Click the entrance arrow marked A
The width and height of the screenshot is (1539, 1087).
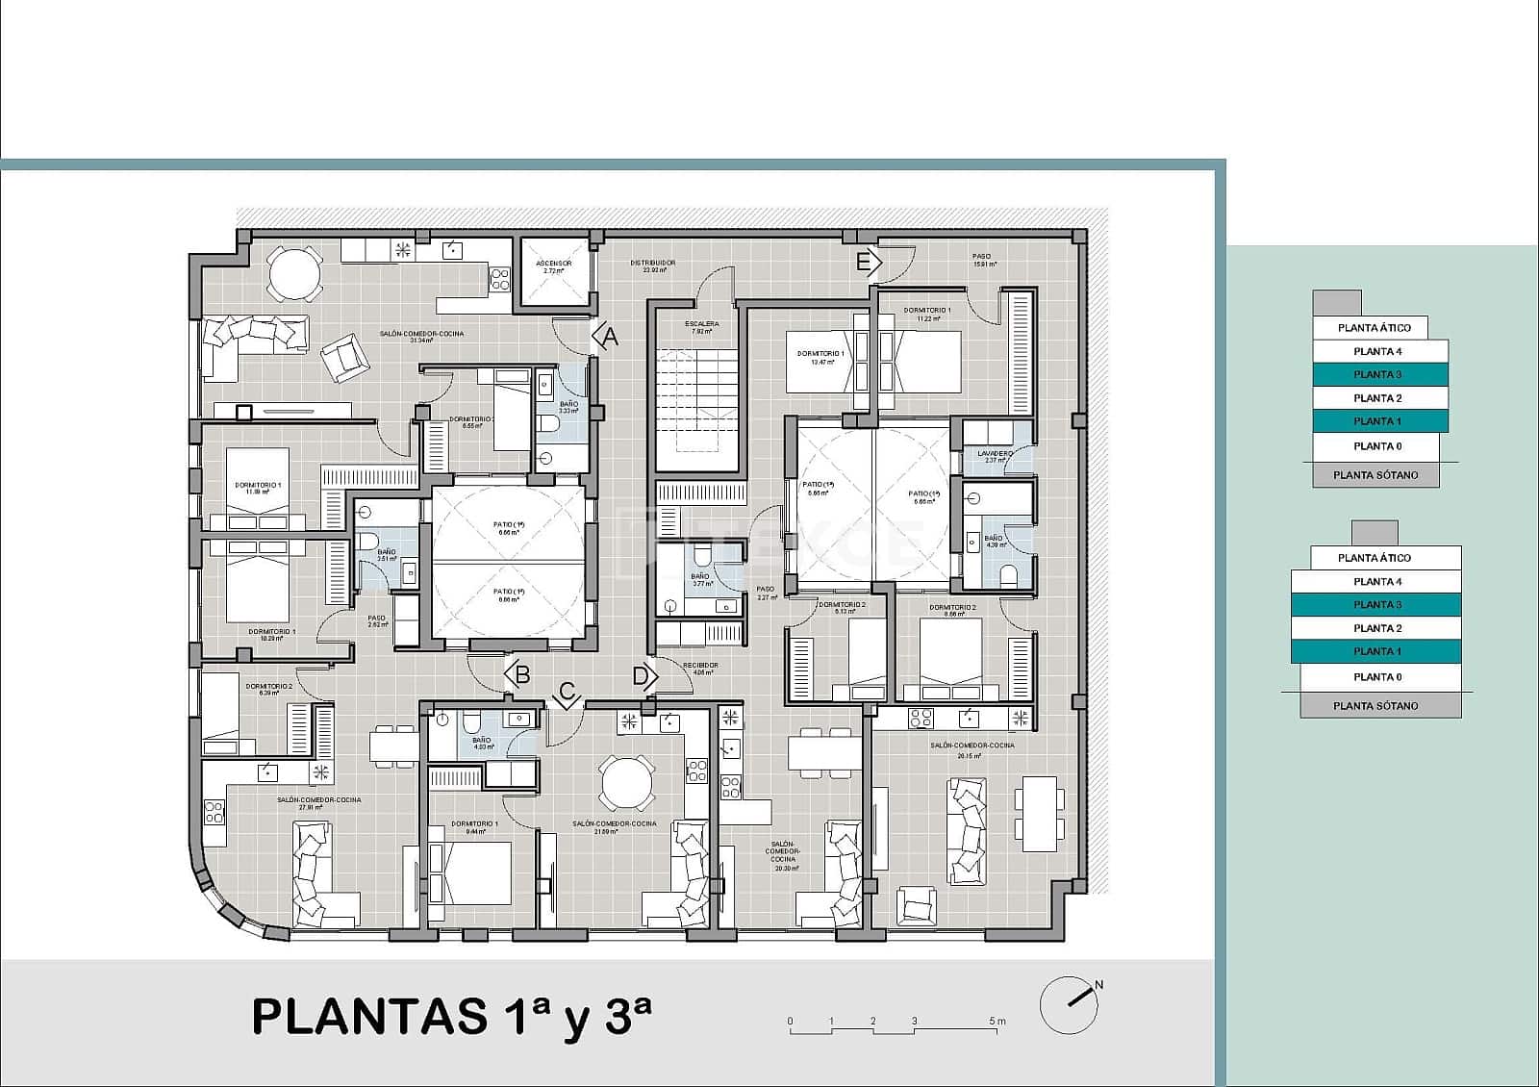tap(606, 337)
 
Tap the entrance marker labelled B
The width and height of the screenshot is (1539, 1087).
tap(518, 673)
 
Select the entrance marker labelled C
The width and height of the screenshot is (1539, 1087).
tap(568, 694)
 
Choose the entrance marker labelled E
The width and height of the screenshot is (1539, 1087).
tap(868, 262)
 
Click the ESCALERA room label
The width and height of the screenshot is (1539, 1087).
tap(701, 324)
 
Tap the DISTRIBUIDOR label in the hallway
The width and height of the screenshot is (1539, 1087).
tap(653, 263)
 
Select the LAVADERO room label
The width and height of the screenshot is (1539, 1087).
tap(995, 453)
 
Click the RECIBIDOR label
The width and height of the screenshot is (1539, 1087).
tap(700, 666)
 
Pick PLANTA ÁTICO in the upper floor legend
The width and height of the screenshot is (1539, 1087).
tap(1375, 328)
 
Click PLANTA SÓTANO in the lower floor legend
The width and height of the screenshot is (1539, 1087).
tap(1375, 706)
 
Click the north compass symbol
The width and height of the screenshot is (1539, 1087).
tap(1070, 1005)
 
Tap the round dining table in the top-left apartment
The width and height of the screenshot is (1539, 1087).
tap(295, 273)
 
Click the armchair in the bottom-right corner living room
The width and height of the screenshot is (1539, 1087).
tap(916, 905)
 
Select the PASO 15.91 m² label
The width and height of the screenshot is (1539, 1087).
tap(983, 260)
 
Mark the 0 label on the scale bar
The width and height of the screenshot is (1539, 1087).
tap(790, 1022)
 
